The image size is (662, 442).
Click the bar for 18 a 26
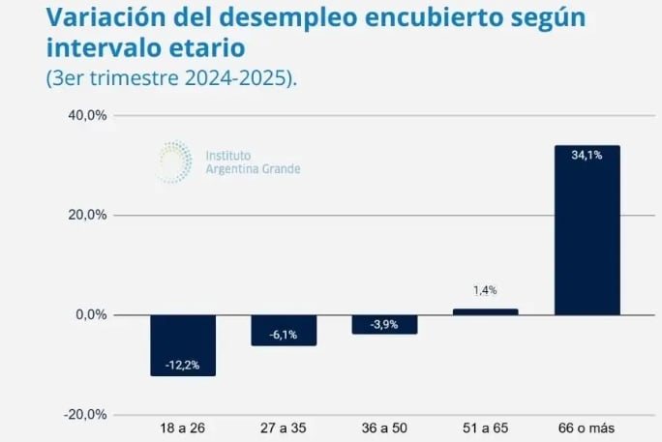pos(183,345)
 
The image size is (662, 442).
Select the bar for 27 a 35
pos(284,330)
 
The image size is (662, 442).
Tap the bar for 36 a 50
pos(384,324)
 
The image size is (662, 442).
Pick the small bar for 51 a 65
pos(486,311)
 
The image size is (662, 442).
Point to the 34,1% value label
pos(587,155)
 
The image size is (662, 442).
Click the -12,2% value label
pos(183,365)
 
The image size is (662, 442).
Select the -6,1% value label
pos(284,335)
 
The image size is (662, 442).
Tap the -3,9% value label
pos(384,324)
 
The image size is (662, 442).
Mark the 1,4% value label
pos(486,290)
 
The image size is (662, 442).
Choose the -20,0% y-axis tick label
pos(85,415)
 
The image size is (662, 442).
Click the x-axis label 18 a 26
pos(183,427)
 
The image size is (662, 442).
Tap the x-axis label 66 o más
pos(587,427)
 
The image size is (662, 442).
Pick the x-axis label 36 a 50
pos(384,427)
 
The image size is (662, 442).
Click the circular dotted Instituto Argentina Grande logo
pos(174,162)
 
